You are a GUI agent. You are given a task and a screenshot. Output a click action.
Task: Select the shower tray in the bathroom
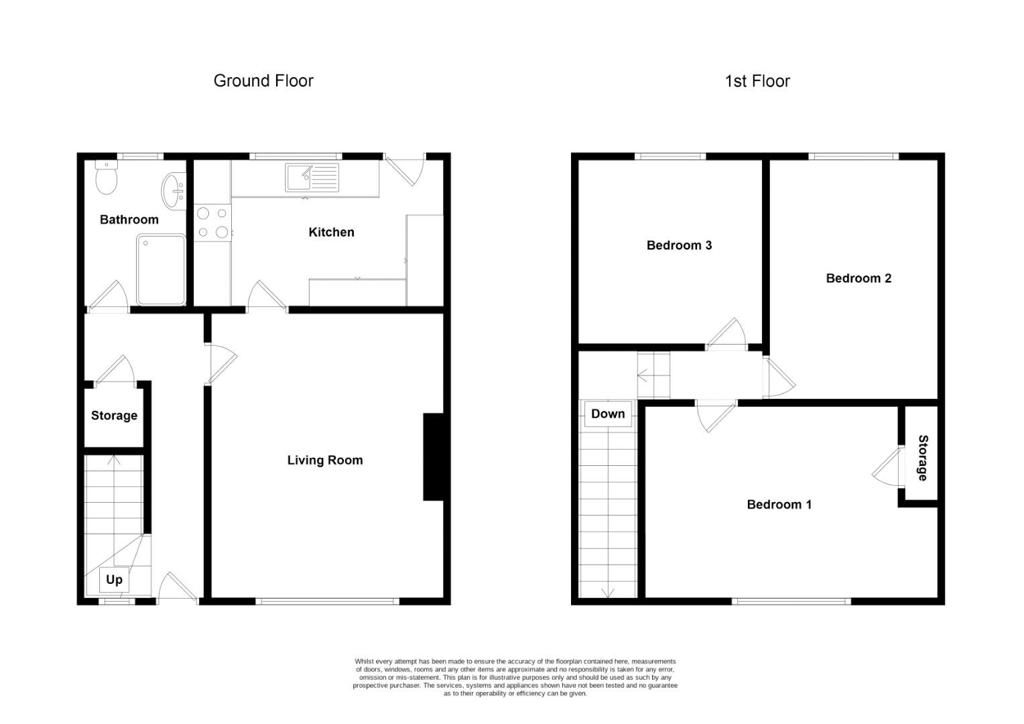[161, 269]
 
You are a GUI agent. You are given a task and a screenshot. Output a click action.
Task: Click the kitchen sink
[312, 178]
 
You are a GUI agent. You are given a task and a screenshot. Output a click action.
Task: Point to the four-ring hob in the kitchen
[212, 223]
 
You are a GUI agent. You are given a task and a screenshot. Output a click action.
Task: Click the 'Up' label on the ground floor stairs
[114, 580]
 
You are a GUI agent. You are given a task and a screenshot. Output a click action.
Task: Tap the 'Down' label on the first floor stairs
[608, 414]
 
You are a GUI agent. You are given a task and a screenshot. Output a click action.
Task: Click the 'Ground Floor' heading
[263, 81]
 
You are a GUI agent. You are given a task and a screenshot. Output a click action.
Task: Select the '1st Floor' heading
[757, 81]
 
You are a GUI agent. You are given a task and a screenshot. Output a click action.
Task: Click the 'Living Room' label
[325, 460]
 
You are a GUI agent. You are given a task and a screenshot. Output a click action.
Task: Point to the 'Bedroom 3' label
[680, 245]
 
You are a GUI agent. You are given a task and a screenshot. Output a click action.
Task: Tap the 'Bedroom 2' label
[858, 278]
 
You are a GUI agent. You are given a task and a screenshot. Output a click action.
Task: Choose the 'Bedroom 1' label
[779, 505]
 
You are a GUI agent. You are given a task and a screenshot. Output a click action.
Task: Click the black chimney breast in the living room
[434, 457]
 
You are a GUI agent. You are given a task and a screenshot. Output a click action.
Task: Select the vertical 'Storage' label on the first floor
[923, 458]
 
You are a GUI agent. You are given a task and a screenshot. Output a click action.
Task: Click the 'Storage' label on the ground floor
[115, 416]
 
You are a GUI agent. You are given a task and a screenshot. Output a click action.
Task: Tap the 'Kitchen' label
[332, 233]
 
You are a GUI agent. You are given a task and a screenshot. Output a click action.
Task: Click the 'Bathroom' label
[129, 220]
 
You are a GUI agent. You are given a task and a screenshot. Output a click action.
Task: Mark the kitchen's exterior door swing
[406, 170]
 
